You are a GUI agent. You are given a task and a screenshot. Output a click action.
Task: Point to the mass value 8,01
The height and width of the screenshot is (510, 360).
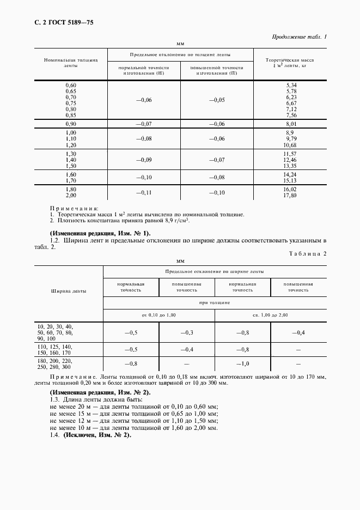pyautogui.click(x=290, y=124)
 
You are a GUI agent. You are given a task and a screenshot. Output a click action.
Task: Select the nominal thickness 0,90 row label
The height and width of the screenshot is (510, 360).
pyautogui.click(x=71, y=124)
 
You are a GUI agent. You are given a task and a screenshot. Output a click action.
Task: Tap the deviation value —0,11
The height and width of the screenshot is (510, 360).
pyautogui.click(x=144, y=193)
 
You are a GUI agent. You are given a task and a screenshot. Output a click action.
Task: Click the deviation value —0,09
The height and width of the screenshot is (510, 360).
pyautogui.click(x=144, y=160)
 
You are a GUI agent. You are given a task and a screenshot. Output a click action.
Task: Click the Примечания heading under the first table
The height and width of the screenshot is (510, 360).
pyautogui.click(x=74, y=208)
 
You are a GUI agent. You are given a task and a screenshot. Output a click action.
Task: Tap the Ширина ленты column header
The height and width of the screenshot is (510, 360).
pyautogui.click(x=69, y=291)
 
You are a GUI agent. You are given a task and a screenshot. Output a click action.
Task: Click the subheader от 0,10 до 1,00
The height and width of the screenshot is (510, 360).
pyautogui.click(x=158, y=315)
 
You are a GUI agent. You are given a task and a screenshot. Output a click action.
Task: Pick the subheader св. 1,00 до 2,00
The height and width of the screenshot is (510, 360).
pyautogui.click(x=270, y=315)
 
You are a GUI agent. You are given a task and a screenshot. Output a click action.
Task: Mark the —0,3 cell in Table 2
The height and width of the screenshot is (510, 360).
pyautogui.click(x=187, y=332)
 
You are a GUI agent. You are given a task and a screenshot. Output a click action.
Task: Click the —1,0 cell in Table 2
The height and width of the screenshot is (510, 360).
pyautogui.click(x=242, y=363)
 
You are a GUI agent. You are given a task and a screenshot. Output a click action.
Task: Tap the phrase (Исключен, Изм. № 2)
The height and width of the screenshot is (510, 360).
pyautogui.click(x=97, y=435)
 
